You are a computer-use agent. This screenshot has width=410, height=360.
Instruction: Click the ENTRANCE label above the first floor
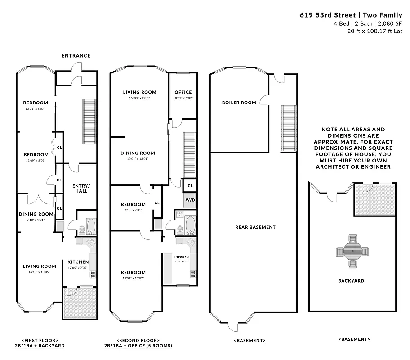(76, 56)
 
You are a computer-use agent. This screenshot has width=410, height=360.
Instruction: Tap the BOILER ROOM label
(239, 103)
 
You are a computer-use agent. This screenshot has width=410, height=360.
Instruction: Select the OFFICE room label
(183, 92)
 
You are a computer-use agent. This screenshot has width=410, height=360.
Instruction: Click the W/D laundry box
(190, 199)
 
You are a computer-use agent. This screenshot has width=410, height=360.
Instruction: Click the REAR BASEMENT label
(255, 227)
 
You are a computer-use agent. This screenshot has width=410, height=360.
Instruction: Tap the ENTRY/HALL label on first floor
(80, 188)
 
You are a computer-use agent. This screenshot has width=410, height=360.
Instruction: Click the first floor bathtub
(91, 226)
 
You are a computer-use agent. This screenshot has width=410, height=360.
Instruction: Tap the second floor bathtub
(190, 225)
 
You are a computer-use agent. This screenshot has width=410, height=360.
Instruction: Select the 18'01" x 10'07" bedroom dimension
(133, 278)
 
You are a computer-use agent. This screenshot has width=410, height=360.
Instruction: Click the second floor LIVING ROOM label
(139, 92)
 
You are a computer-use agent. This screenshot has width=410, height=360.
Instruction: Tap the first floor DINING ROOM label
(36, 214)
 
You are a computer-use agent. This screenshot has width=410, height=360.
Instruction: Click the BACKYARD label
(351, 281)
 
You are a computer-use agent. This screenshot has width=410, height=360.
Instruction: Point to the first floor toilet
(82, 230)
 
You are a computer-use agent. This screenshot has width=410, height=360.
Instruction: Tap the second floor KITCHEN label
(181, 257)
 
